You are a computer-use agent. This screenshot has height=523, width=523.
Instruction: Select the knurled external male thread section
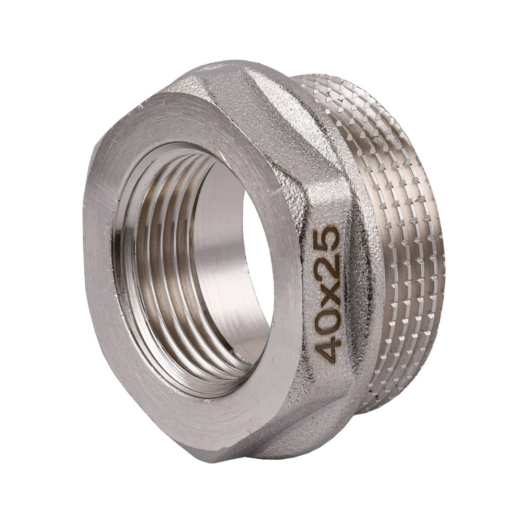403,235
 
